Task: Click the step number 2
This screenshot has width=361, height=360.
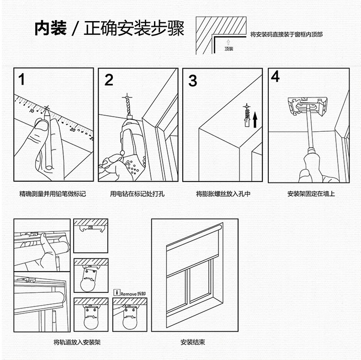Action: pyautogui.click(x=109, y=80)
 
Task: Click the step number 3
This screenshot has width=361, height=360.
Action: pyautogui.click(x=192, y=81)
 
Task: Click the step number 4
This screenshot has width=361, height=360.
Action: pyautogui.click(x=275, y=77)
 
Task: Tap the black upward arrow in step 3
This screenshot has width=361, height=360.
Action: pyautogui.click(x=255, y=120)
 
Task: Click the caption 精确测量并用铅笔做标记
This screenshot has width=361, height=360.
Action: pyautogui.click(x=53, y=194)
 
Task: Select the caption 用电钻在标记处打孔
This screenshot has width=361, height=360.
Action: pyautogui.click(x=137, y=194)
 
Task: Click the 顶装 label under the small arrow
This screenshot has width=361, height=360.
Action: pyautogui.click(x=229, y=49)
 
